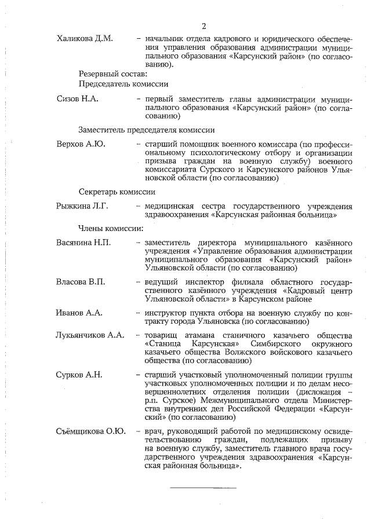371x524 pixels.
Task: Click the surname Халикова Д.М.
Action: pos(85,38)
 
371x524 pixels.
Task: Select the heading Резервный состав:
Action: pos(114,74)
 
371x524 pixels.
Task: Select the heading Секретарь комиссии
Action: pos(117,192)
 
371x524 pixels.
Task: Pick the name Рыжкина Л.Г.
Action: pos(82,206)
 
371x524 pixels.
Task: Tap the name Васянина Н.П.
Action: pos(83,241)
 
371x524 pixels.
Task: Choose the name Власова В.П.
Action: pos(81,281)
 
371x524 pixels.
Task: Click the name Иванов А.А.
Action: pos(79,313)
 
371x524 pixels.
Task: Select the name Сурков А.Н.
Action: pos(79,375)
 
